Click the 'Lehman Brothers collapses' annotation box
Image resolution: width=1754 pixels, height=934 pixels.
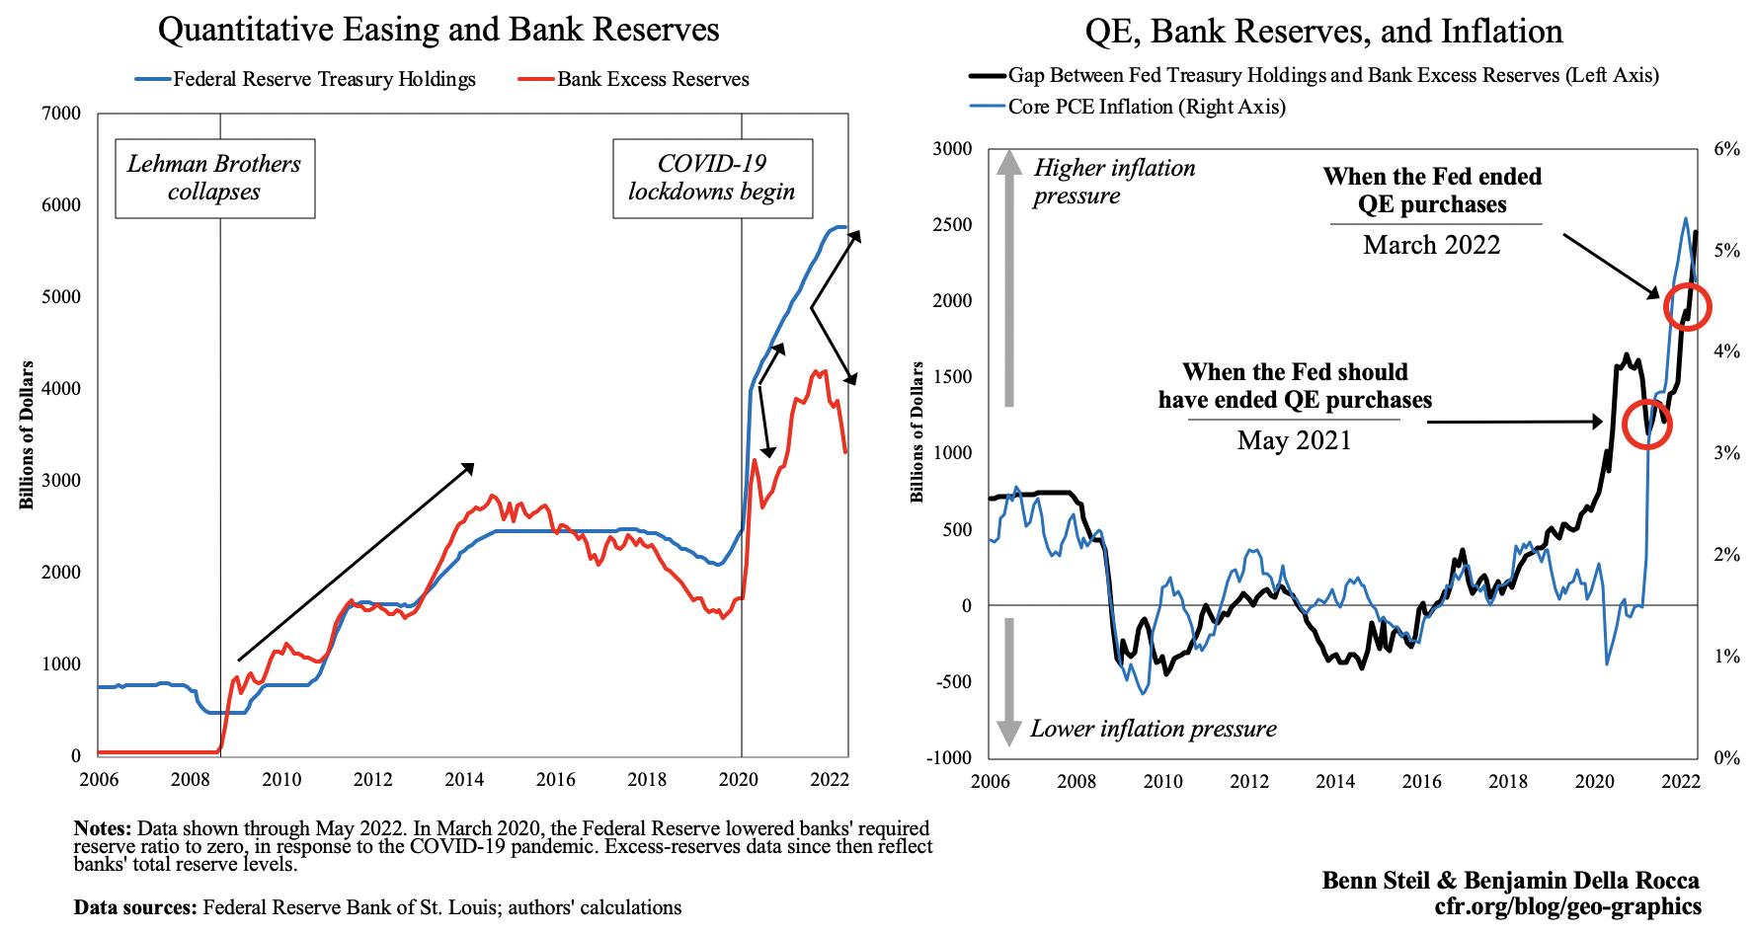tap(214, 178)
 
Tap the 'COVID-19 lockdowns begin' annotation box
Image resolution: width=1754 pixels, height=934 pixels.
tap(712, 178)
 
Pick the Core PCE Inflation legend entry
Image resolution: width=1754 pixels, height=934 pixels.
tap(1146, 107)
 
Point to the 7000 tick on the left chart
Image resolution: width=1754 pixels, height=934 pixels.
tap(61, 114)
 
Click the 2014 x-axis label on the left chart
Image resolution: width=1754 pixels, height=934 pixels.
tap(464, 780)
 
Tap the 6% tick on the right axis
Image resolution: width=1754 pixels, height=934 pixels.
tap(1726, 149)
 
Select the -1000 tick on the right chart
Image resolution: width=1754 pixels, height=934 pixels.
tap(948, 757)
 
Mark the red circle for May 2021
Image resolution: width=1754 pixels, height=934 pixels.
tap(1647, 423)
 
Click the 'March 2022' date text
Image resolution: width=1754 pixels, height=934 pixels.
tap(1431, 245)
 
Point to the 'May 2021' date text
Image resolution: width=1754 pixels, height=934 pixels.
tap(1294, 440)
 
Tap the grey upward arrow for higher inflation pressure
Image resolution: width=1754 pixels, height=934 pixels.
tap(1008, 276)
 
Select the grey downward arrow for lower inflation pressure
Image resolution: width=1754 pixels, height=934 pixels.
tap(1008, 681)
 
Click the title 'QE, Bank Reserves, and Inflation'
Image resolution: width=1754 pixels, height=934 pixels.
tap(1323, 32)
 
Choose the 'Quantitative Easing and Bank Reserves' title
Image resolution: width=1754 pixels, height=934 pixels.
tap(438, 30)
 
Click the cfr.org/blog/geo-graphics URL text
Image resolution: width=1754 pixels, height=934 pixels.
tap(1567, 906)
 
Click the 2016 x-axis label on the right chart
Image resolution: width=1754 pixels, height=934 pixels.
tap(1421, 782)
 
